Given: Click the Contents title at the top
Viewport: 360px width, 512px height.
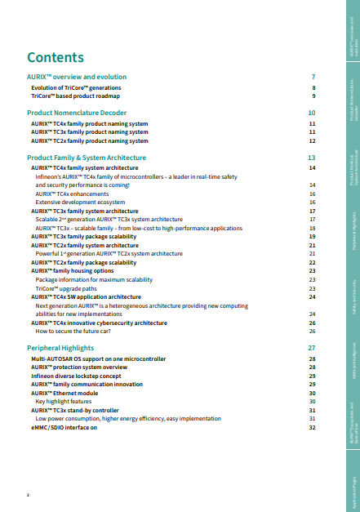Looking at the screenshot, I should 56,57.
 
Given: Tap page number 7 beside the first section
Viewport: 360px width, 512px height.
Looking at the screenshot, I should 313,76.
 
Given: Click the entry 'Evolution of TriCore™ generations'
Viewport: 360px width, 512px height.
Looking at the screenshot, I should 76,87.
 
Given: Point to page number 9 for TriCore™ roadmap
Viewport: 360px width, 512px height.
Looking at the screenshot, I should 313,96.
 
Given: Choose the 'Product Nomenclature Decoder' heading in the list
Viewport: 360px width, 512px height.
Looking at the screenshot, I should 77,112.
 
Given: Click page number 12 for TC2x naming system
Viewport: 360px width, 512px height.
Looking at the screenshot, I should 313,140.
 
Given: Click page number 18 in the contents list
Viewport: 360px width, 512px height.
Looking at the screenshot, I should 313,229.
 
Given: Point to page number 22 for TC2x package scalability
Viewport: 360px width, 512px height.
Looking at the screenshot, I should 313,262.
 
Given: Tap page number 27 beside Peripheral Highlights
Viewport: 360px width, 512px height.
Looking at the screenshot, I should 312,348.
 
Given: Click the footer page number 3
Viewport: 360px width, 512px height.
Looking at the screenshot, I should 29,495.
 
